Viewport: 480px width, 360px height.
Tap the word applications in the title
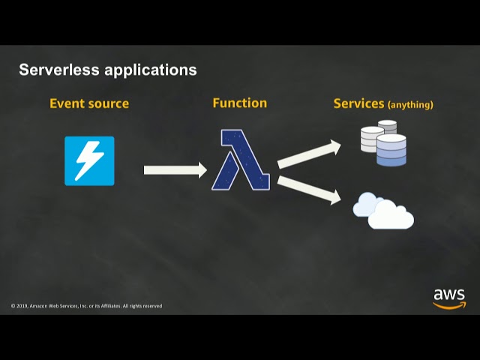click(151, 70)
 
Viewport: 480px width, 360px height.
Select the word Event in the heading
click(66, 103)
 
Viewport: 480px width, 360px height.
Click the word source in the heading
click(108, 104)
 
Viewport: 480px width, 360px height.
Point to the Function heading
click(239, 103)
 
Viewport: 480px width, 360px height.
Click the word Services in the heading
click(358, 103)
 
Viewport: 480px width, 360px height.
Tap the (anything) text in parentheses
click(410, 105)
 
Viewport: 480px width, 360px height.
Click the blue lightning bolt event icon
click(89, 160)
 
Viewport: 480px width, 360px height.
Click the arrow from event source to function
click(175, 170)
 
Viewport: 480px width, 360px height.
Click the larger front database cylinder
click(391, 150)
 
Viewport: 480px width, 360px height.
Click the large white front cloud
click(391, 216)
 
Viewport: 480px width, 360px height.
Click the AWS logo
click(448, 298)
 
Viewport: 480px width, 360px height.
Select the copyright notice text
click(86, 306)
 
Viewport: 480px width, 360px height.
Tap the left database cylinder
click(371, 139)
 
